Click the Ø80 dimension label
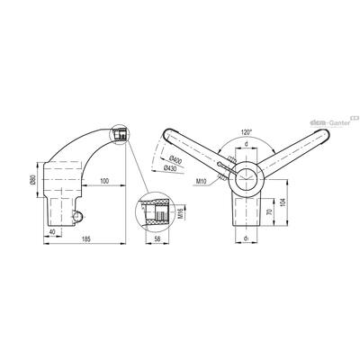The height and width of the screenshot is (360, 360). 33,180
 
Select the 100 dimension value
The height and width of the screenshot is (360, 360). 104,181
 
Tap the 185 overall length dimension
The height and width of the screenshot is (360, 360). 86,238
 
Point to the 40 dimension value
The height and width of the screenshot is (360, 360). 52,231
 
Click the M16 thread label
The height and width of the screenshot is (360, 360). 180,213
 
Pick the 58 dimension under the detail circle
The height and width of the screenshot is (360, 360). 157,238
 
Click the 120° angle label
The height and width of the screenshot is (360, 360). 247,131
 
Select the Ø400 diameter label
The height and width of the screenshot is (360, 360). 175,160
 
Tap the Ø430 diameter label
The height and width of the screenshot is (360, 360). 170,169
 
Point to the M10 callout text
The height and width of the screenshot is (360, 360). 201,181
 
